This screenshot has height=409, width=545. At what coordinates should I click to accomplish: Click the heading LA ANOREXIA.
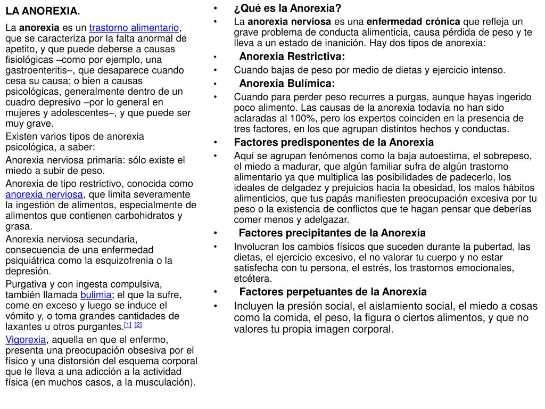(x=43, y=11)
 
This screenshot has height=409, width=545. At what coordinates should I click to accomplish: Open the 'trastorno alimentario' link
(x=134, y=28)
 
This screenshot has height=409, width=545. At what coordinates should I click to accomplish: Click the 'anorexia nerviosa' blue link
(x=44, y=194)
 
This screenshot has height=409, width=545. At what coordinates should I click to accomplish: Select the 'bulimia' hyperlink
(x=96, y=295)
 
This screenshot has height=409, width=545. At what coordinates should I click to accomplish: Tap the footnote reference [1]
(x=128, y=325)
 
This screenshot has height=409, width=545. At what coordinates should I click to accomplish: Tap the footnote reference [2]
(x=138, y=325)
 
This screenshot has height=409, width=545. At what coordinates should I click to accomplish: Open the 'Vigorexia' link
(x=26, y=340)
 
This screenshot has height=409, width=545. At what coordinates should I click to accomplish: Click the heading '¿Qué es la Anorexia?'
(x=287, y=9)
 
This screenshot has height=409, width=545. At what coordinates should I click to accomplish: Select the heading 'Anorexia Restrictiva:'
(x=292, y=57)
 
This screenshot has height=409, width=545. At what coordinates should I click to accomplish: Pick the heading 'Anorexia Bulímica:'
(x=287, y=84)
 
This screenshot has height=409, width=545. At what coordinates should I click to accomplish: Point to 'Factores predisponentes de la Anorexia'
(x=334, y=142)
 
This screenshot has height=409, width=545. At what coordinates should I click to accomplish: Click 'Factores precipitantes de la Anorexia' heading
(x=332, y=233)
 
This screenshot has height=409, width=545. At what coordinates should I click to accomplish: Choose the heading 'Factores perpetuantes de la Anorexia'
(x=333, y=291)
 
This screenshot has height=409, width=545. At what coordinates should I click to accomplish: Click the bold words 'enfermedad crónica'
(x=414, y=22)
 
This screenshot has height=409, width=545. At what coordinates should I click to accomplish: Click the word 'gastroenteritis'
(x=36, y=70)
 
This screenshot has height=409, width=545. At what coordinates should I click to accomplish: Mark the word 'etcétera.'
(x=253, y=278)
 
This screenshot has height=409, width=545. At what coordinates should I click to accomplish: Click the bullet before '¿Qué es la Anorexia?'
(x=215, y=9)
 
